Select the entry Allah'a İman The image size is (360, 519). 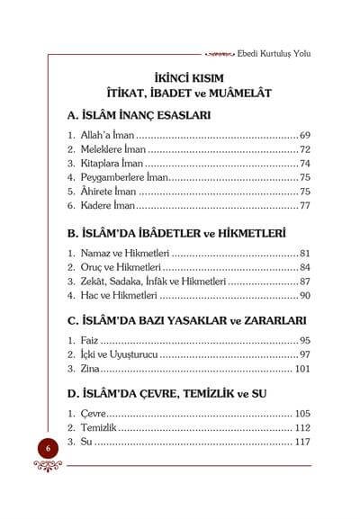tap(111, 135)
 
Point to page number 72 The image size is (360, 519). tap(304, 149)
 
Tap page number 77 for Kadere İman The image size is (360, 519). tap(304, 206)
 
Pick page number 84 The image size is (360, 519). tap(304, 267)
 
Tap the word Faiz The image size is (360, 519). tap(88, 341)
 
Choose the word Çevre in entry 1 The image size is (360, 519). tap(93, 414)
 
